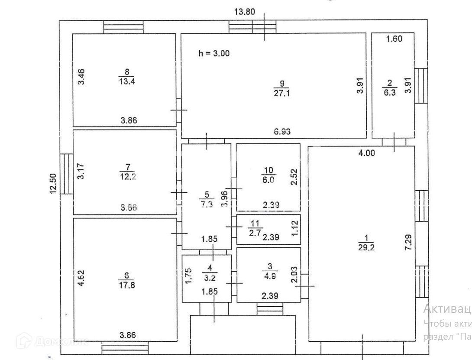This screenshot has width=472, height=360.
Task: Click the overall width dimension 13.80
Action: [x=244, y=12]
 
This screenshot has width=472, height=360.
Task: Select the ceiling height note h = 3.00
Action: [x=213, y=54]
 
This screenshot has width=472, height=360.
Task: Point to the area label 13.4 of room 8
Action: [x=123, y=81]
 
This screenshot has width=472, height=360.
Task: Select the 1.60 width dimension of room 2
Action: [x=394, y=39]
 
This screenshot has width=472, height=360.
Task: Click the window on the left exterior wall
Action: [x=67, y=174]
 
